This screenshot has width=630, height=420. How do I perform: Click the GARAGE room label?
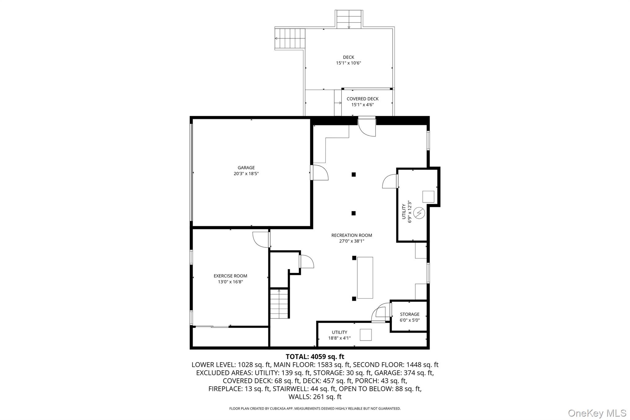(246, 168)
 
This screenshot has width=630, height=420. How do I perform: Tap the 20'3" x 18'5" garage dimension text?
(246, 174)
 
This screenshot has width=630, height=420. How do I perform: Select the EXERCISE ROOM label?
(230, 276)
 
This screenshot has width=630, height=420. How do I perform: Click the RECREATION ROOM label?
(352, 235)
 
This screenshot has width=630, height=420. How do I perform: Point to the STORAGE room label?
(409, 314)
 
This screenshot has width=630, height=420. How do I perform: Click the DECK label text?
(348, 57)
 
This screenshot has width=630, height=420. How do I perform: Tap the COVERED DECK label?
(362, 99)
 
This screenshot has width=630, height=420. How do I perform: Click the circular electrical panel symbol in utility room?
(419, 213)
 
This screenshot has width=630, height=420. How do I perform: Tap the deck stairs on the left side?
(289, 38)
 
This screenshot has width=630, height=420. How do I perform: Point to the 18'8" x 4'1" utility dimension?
(339, 338)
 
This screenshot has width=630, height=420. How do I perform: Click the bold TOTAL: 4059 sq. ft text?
(315, 357)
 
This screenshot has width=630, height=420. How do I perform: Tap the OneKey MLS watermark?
(597, 413)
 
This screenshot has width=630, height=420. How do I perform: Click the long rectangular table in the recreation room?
(365, 278)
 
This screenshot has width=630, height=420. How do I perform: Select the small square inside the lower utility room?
(365, 335)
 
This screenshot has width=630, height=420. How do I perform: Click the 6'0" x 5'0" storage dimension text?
(409, 320)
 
